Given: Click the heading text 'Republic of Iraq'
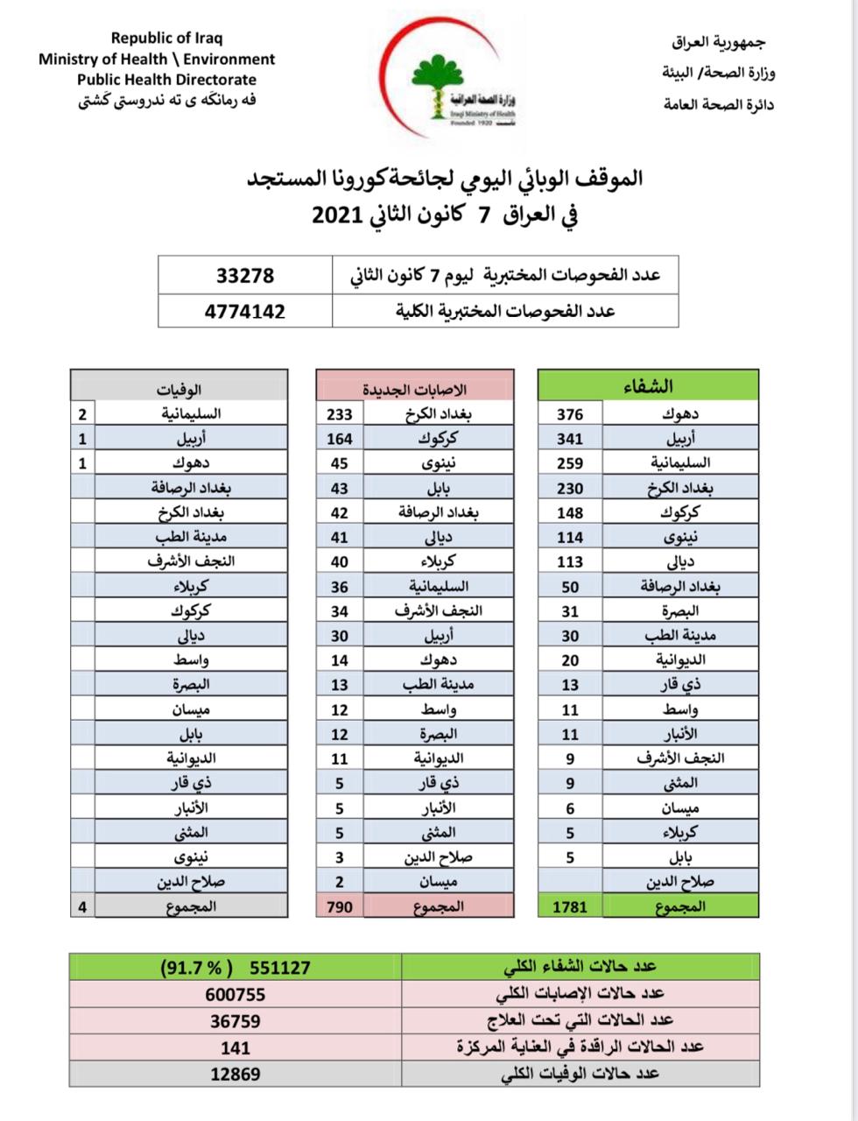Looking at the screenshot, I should tap(167, 38).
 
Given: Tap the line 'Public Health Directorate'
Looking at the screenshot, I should tap(166, 80).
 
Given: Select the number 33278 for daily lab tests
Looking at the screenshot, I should tap(245, 275).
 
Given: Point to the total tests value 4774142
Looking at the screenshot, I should tap(245, 311).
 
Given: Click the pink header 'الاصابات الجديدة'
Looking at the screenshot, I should tap(415, 388).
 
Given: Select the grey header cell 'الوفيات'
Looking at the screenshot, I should tap(179, 388).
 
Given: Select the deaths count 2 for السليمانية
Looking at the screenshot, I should tap(81, 414).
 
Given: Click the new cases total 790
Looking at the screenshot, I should tap(339, 907).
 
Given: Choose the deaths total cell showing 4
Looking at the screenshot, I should tap(82, 907).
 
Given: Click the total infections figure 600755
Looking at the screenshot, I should tap(236, 994).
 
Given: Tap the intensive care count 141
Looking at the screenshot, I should tap(236, 1047).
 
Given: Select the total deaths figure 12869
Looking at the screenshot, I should tap(236, 1074).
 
